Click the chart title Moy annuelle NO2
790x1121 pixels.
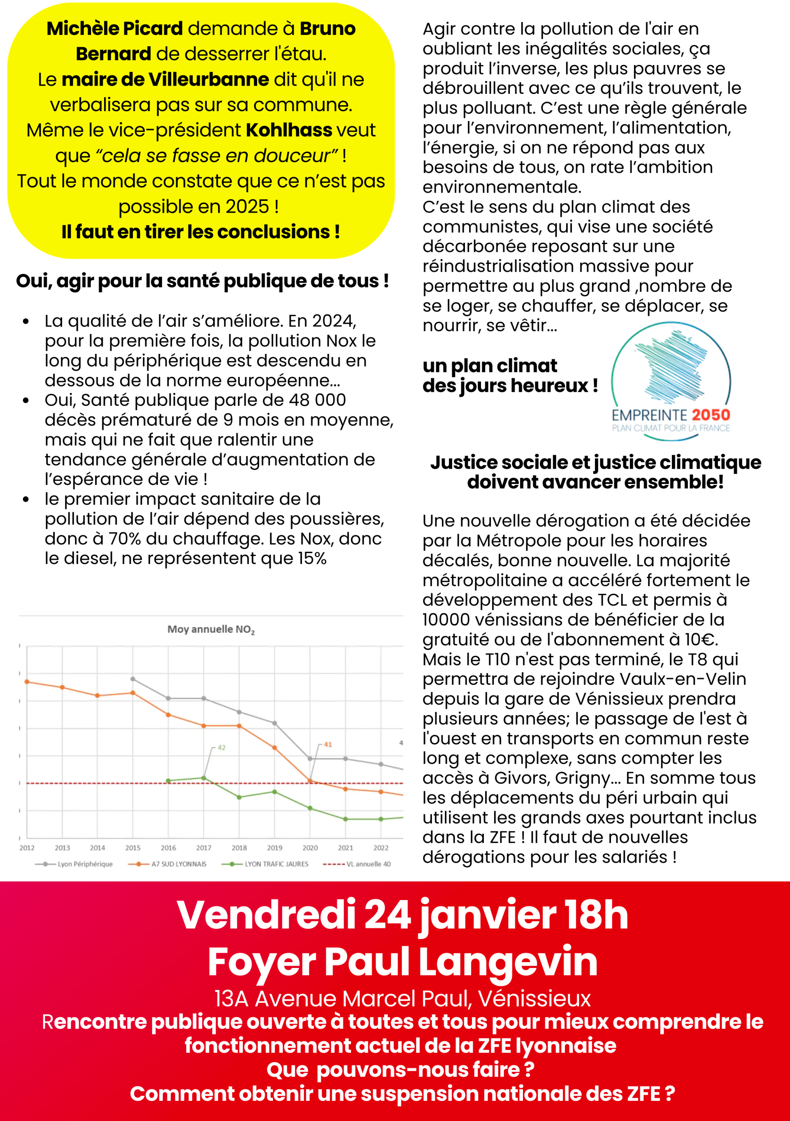(x=211, y=629)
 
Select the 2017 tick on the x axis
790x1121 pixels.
(x=204, y=848)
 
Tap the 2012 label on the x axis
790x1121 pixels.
(x=27, y=848)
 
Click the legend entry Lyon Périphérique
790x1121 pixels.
(x=84, y=864)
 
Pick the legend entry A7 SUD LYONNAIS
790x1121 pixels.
(x=178, y=864)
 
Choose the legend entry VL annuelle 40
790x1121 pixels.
(x=368, y=864)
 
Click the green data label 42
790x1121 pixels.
(x=222, y=747)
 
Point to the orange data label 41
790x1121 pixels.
(x=328, y=744)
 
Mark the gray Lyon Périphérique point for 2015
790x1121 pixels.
(x=133, y=679)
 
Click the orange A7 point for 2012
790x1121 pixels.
(x=27, y=681)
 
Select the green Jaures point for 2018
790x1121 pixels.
(x=239, y=797)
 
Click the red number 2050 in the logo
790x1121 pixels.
(x=711, y=415)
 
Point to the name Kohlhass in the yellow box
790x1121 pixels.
(x=289, y=130)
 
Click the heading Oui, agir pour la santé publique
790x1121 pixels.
(x=202, y=281)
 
